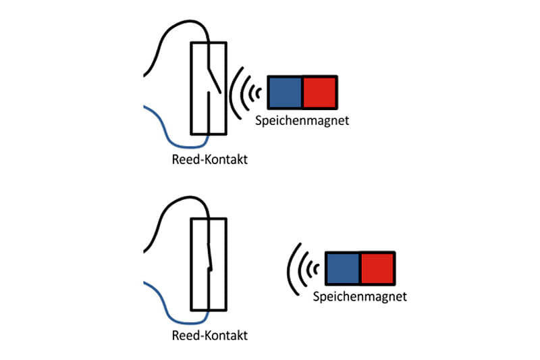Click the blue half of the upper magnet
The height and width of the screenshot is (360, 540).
pyautogui.click(x=285, y=93)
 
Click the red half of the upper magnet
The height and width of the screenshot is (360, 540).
pyautogui.click(x=319, y=93)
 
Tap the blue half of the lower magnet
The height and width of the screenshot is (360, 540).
pyautogui.click(x=343, y=269)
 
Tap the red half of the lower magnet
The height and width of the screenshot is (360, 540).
pyautogui.click(x=377, y=269)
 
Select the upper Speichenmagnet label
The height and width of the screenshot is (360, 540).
pyautogui.click(x=302, y=122)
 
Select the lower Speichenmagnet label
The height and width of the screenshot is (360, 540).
pyautogui.click(x=360, y=297)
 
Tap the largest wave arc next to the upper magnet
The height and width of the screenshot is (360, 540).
pyautogui.click(x=232, y=93)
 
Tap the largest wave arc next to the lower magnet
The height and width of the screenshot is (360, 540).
pyautogui.click(x=289, y=269)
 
